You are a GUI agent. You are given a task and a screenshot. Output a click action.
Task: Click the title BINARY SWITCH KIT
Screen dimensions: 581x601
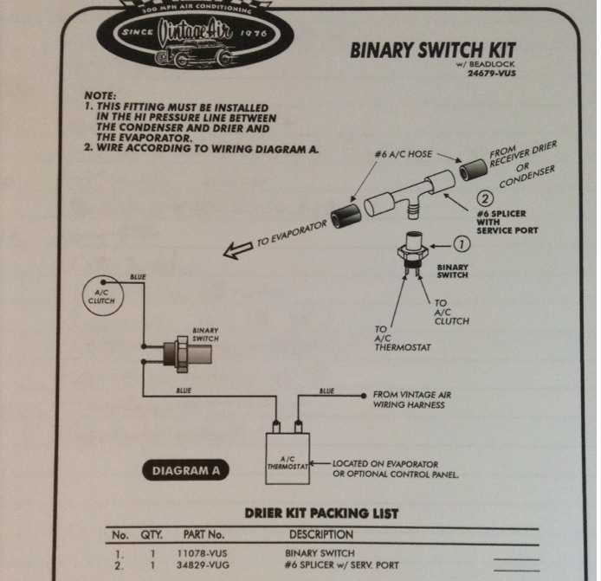[x=437, y=49]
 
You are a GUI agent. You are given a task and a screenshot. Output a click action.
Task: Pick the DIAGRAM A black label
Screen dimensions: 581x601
[x=186, y=471]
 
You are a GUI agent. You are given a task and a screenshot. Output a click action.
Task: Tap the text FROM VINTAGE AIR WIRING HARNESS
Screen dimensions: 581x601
[x=411, y=398]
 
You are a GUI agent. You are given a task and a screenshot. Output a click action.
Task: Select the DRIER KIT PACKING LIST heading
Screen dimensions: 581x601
[x=321, y=513]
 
